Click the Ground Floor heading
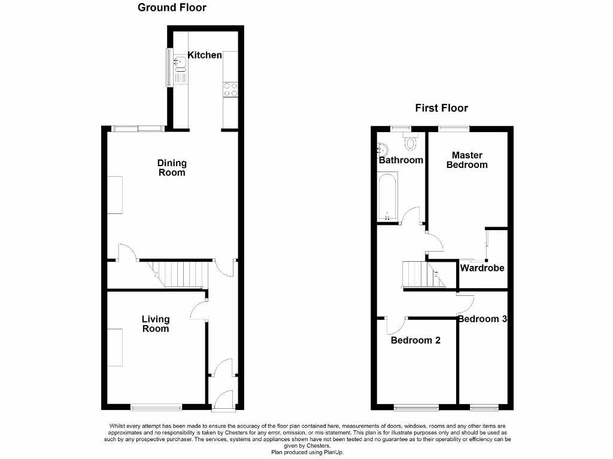click(x=172, y=8)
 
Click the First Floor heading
click(x=441, y=108)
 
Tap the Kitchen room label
click(x=205, y=55)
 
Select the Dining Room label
click(x=172, y=167)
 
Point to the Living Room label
click(x=156, y=324)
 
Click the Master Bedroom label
click(x=467, y=160)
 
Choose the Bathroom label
click(x=401, y=160)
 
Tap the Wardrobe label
click(x=482, y=268)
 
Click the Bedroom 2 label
click(x=415, y=340)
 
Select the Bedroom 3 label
click(x=482, y=319)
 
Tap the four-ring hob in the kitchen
click(x=230, y=90)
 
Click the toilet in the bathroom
click(x=411, y=142)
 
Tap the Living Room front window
click(x=156, y=408)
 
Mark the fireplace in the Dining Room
click(x=115, y=195)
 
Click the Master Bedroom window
click(x=453, y=127)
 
